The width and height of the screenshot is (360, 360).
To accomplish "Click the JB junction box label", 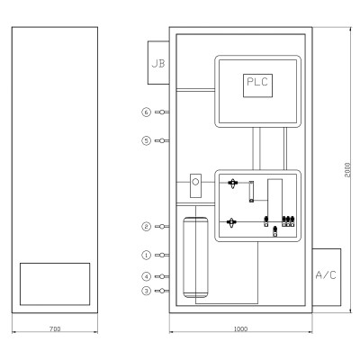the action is click(x=158, y=64).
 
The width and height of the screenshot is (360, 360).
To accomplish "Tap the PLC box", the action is click(x=257, y=85).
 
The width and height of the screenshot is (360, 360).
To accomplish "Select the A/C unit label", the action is click(x=326, y=274).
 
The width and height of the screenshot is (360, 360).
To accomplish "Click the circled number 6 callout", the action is click(x=146, y=112).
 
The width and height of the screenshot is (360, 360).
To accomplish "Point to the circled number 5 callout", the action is click(x=146, y=140).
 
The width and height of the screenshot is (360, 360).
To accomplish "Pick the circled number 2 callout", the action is click(x=146, y=226).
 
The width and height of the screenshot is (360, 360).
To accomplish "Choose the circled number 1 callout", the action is click(x=146, y=255).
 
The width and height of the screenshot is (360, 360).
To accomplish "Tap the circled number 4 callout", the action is click(x=146, y=276).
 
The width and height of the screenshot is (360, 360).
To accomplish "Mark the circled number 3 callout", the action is click(x=146, y=291).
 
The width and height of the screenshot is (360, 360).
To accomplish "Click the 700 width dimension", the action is click(x=55, y=328).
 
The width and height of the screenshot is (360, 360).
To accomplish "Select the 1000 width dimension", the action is click(x=240, y=328).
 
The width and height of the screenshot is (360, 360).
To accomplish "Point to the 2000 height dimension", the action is click(x=347, y=170).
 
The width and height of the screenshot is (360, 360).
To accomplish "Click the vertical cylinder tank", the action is click(x=195, y=257).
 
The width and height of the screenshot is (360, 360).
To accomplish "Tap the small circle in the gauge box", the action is click(x=195, y=182).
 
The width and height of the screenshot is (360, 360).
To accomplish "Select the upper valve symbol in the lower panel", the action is click(x=232, y=183).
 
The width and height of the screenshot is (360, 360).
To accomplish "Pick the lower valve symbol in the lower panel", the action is click(x=231, y=222).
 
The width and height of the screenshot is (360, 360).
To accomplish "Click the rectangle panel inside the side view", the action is click(x=55, y=284).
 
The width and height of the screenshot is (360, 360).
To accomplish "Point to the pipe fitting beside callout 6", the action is click(x=162, y=112).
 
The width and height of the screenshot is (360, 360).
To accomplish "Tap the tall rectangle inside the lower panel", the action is click(x=274, y=201).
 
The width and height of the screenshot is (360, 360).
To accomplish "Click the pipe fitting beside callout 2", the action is click(x=162, y=226).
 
